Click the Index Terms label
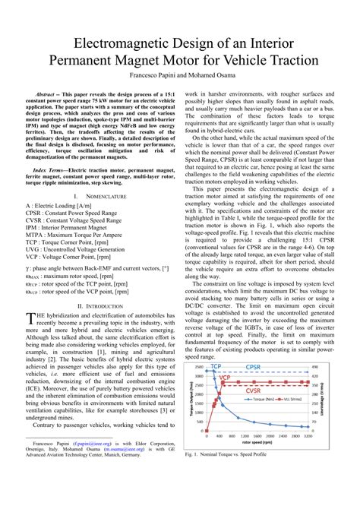coord(51,172)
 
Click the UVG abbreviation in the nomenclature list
coord(33,250)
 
